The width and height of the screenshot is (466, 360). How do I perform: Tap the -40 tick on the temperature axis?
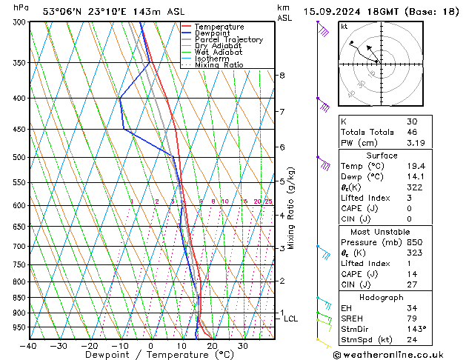coord(30,346)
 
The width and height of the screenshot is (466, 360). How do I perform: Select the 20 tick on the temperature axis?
coord(212,346)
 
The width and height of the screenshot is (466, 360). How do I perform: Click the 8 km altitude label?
coord(282,76)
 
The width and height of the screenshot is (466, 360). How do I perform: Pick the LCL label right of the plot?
coord(291,319)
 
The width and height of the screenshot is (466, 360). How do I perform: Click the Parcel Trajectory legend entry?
coord(228,39)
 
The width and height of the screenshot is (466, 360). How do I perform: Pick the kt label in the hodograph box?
coord(344,26)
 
